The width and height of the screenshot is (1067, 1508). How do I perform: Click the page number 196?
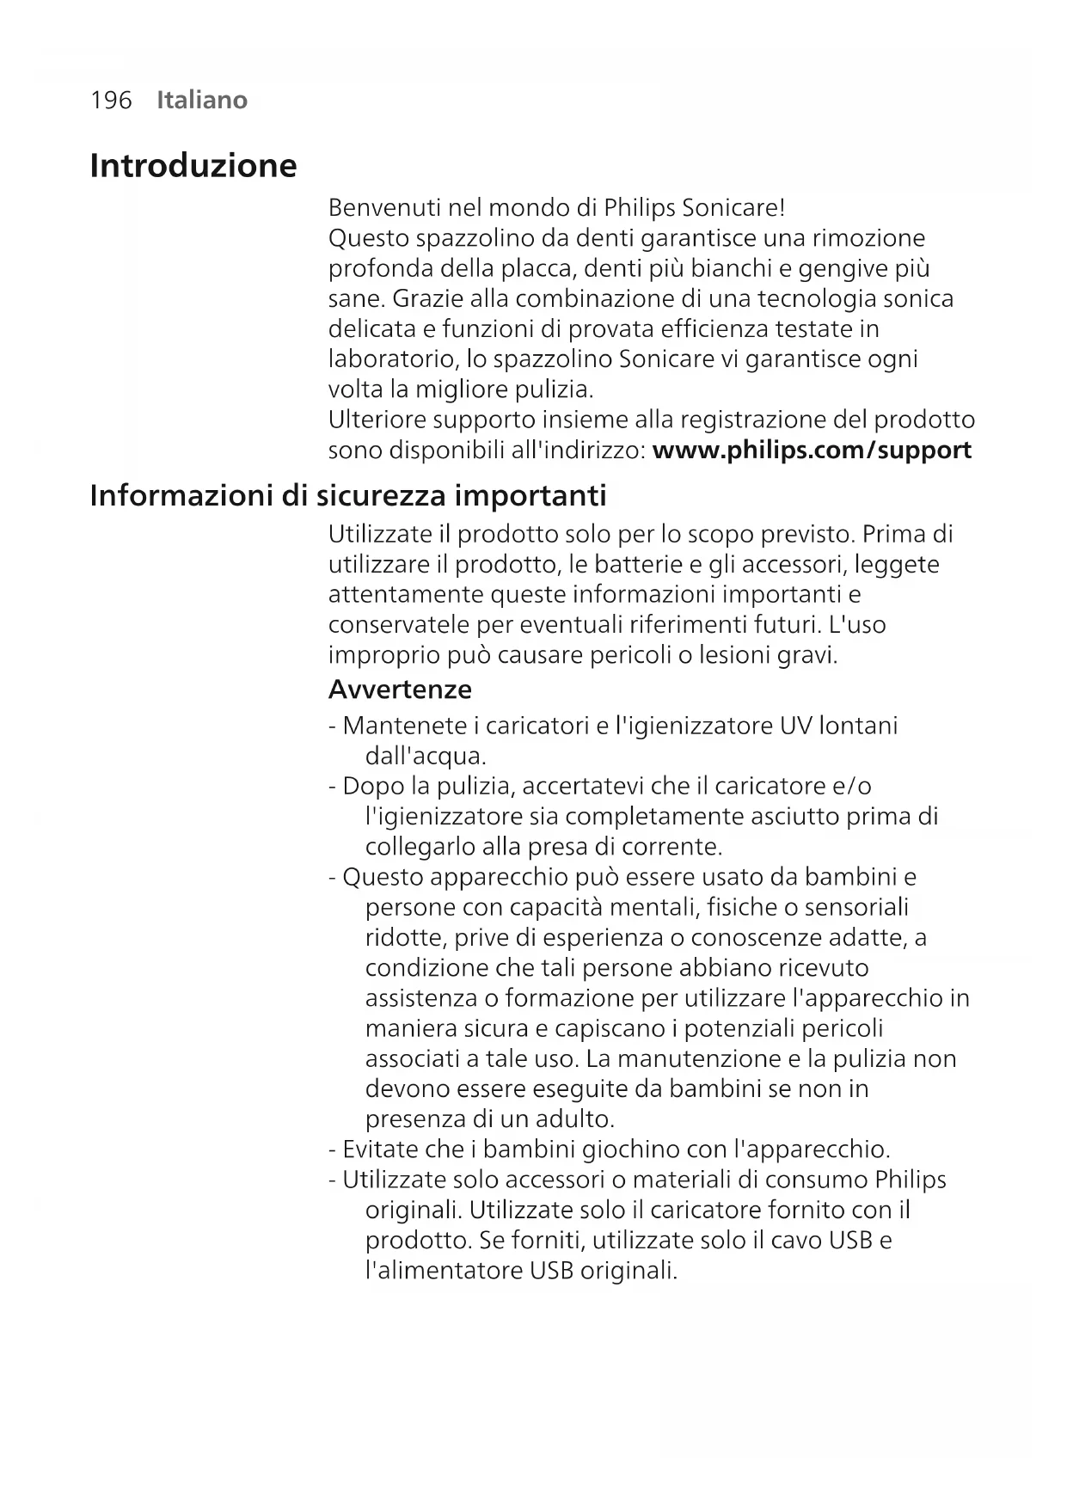(111, 101)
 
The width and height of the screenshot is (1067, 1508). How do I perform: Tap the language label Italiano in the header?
(202, 101)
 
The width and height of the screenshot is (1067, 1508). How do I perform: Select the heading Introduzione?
(193, 165)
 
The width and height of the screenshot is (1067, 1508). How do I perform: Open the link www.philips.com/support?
(812, 451)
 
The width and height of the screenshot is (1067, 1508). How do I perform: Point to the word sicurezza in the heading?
(381, 496)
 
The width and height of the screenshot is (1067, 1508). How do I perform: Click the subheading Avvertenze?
(400, 690)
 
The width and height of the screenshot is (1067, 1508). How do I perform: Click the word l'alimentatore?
(444, 1270)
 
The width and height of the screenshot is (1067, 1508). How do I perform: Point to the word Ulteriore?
(377, 420)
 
